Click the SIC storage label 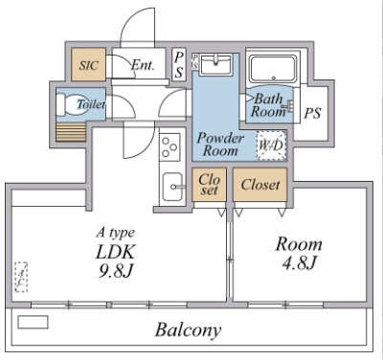(87, 65)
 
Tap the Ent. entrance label (143, 66)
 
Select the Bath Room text (269, 104)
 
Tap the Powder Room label (221, 145)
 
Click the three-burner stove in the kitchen (169, 146)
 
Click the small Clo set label (209, 184)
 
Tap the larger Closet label (259, 184)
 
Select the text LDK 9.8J (114, 260)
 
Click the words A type (115, 233)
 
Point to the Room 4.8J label (299, 253)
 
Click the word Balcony (189, 331)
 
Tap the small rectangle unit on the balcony (33, 322)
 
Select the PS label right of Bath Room (312, 113)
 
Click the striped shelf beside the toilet (71, 131)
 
